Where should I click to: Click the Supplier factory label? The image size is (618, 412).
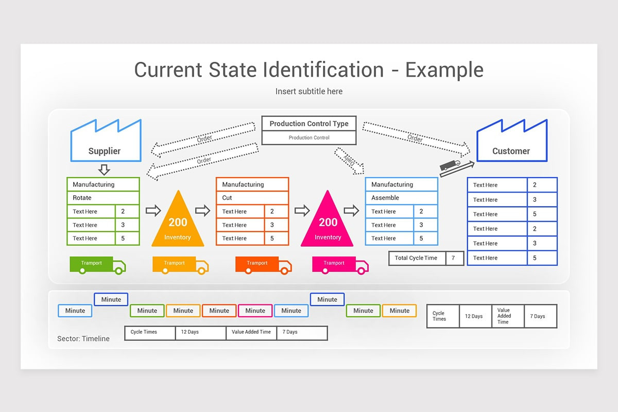[105, 151]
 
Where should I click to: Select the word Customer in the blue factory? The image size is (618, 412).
[511, 151]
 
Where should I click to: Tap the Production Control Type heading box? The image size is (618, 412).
[309, 124]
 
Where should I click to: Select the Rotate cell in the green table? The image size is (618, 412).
[103, 198]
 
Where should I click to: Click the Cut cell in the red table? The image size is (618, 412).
[252, 198]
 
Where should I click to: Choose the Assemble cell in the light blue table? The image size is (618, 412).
[401, 198]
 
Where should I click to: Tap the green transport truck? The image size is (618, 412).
[97, 265]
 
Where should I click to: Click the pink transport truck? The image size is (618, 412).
[340, 265]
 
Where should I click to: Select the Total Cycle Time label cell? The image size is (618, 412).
[416, 258]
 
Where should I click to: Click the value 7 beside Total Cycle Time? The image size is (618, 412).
[454, 258]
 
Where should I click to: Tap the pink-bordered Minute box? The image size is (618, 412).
[255, 311]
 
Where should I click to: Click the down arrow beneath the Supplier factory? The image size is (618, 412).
[104, 169]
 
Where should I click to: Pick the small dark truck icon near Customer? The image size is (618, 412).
[450, 165]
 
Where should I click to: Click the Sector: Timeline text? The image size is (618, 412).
[83, 338]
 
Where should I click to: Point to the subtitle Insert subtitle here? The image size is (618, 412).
[309, 91]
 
